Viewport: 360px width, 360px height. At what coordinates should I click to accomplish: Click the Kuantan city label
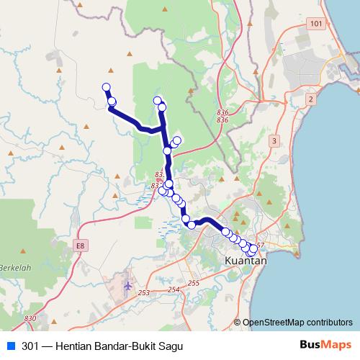click(x=246, y=261)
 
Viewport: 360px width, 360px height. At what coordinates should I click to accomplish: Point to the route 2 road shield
click(x=310, y=98)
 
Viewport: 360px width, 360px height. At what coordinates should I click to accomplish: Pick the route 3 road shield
click(x=274, y=141)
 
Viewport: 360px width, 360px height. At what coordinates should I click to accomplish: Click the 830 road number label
click(x=30, y=318)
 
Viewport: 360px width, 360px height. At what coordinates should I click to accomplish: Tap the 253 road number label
click(x=144, y=293)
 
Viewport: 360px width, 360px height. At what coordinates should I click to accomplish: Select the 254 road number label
click(x=173, y=289)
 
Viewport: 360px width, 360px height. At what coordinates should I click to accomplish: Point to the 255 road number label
click(x=193, y=283)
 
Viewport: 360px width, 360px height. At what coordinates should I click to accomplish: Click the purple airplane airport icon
click(x=128, y=286)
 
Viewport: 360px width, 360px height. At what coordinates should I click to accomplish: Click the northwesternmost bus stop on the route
click(x=107, y=87)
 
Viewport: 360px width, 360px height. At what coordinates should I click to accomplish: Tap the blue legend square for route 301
click(x=10, y=346)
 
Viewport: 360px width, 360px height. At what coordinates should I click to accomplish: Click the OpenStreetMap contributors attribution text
click(x=297, y=323)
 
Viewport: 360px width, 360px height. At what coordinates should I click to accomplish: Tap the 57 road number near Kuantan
click(x=261, y=246)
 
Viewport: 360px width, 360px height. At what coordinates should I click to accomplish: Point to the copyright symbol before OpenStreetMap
click(x=238, y=323)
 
